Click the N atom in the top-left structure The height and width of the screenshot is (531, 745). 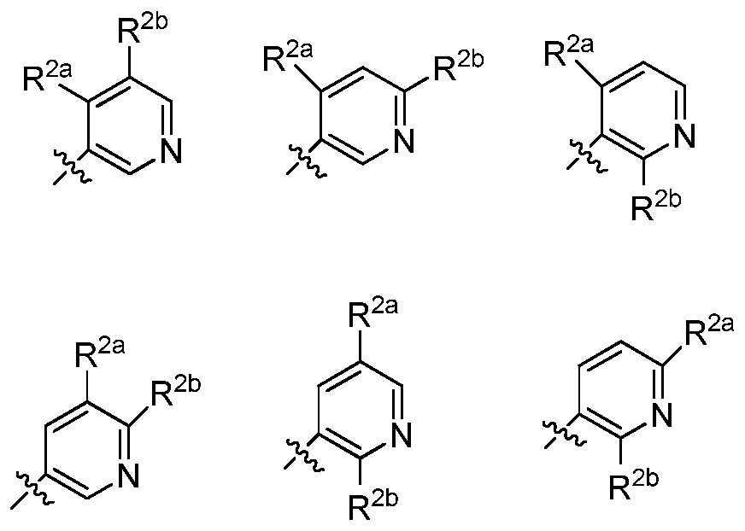[x=171, y=150]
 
